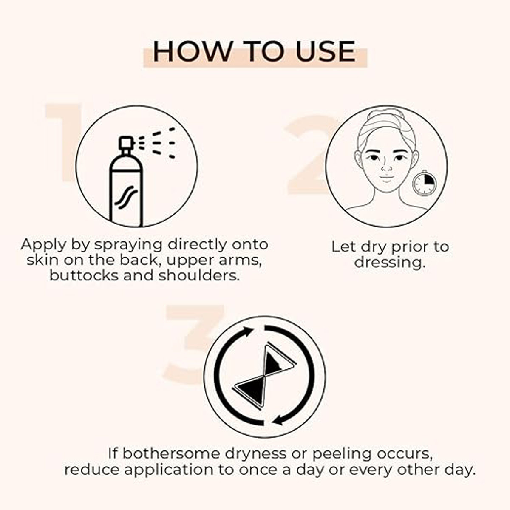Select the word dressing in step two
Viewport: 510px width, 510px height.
(x=389, y=262)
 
